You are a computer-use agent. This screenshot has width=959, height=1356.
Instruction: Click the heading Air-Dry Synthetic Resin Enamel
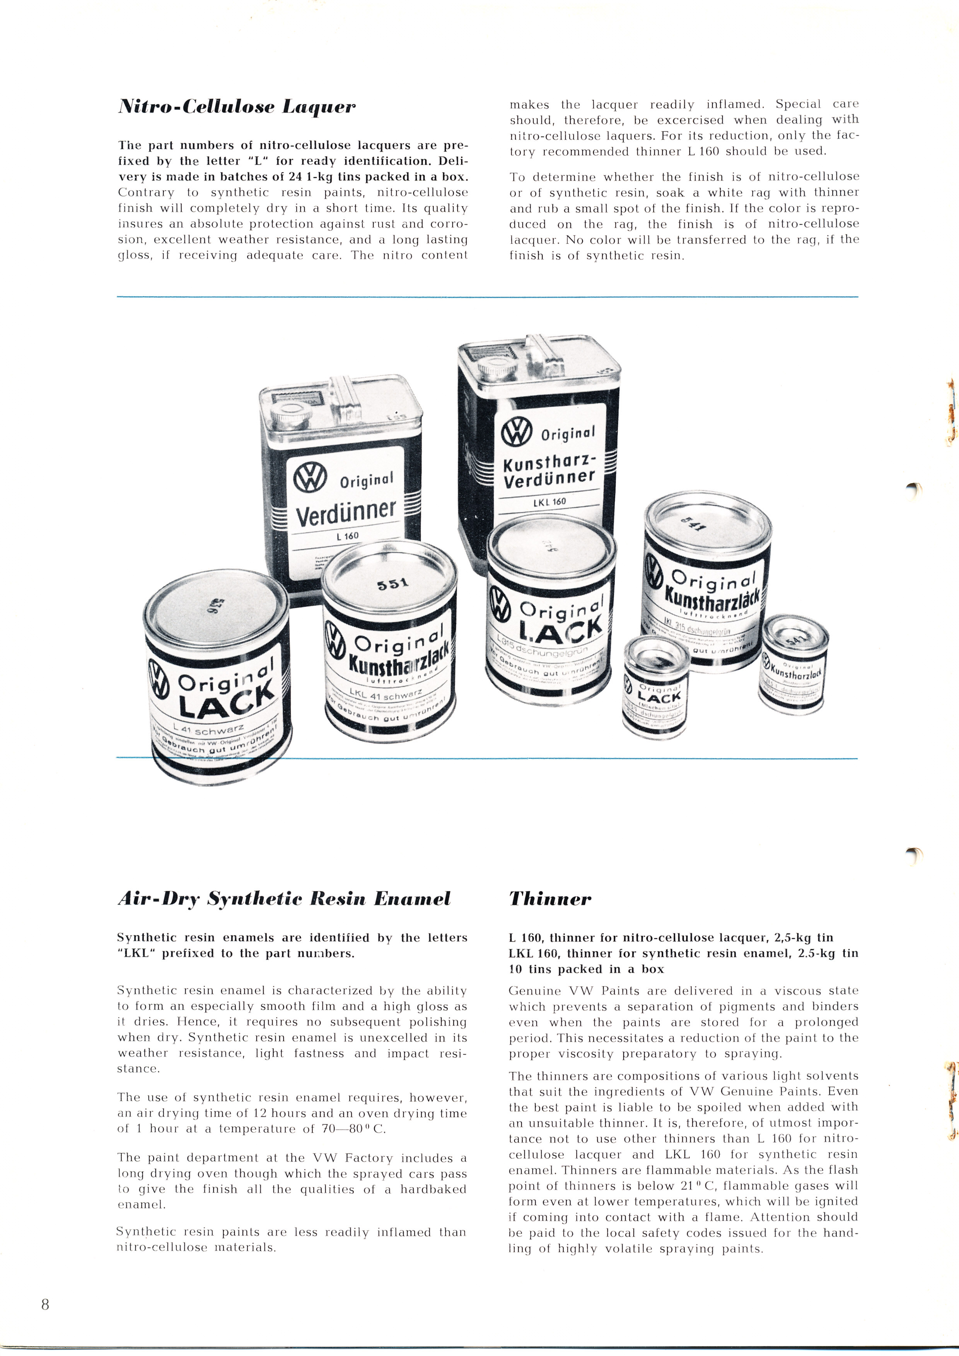(284, 899)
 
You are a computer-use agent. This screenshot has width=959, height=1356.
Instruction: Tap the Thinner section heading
(550, 899)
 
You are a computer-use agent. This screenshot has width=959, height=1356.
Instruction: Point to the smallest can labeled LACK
(655, 685)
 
